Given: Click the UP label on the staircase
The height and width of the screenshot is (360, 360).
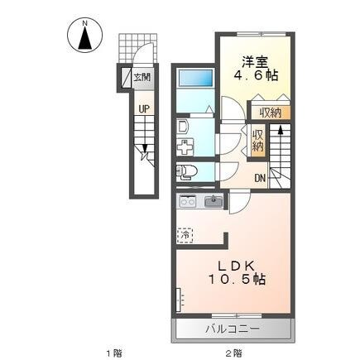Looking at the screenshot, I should pos(144,108).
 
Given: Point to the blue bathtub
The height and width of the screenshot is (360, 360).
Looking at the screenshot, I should pos(195,79).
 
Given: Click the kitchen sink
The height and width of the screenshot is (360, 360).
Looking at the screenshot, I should pos(214,201).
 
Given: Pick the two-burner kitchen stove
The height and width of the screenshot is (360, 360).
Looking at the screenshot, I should pos(186,201).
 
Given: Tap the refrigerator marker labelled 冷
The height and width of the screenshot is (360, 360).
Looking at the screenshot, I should pos(185,234).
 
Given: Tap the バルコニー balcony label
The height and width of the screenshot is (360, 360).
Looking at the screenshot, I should pos(233,329).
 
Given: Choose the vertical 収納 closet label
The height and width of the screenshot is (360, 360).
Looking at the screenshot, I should pos(257,141).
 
